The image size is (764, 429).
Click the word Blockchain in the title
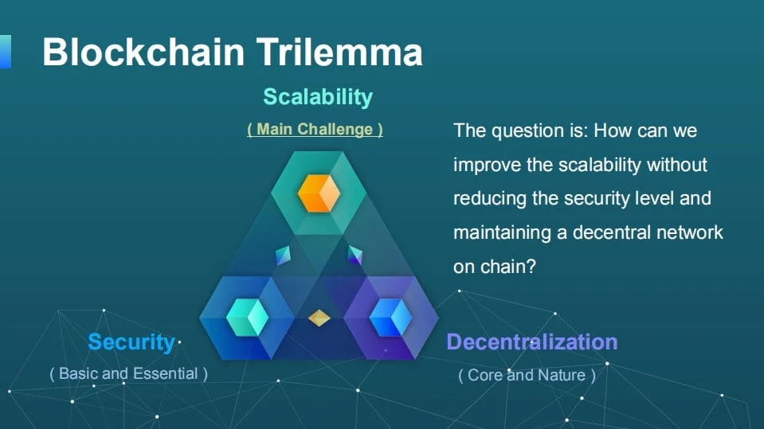coord(144,53)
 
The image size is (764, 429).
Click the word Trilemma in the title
coord(339,53)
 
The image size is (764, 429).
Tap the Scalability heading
coord(318,97)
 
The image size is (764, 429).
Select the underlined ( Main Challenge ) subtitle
coord(315,129)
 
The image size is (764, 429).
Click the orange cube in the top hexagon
coord(319,193)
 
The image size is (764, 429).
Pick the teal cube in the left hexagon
coord(247,318)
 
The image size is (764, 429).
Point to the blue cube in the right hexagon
coord(390,318)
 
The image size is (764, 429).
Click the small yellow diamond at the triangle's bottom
coord(319,318)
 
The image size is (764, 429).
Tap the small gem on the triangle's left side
coord(284,255)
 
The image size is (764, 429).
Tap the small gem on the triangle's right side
coord(354,255)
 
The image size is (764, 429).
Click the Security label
coord(131,342)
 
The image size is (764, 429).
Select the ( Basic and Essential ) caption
coord(128,373)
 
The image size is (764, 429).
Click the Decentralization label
coord(531,342)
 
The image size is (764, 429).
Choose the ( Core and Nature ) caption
coord(527,375)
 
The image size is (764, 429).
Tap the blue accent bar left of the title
coord(5,52)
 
